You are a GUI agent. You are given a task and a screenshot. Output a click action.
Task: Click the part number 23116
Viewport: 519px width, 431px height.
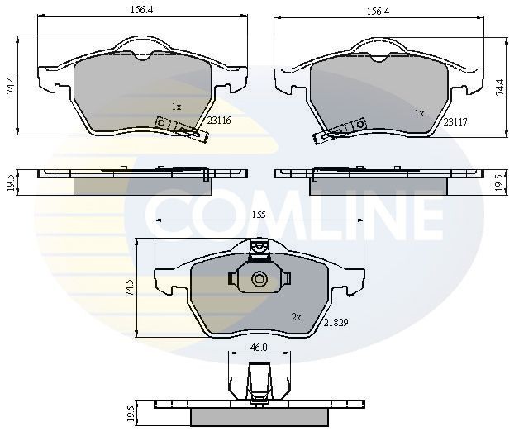pyautogui.click(x=218, y=120)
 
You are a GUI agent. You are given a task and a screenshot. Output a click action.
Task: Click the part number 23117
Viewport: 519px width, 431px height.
pyautogui.click(x=455, y=121)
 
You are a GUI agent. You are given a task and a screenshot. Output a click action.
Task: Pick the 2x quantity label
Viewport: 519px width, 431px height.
pyautogui.click(x=295, y=316)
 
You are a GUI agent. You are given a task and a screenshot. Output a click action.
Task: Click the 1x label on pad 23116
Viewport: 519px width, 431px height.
pyautogui.click(x=176, y=107)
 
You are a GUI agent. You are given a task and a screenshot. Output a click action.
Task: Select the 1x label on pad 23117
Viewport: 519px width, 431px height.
pyautogui.click(x=419, y=113)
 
